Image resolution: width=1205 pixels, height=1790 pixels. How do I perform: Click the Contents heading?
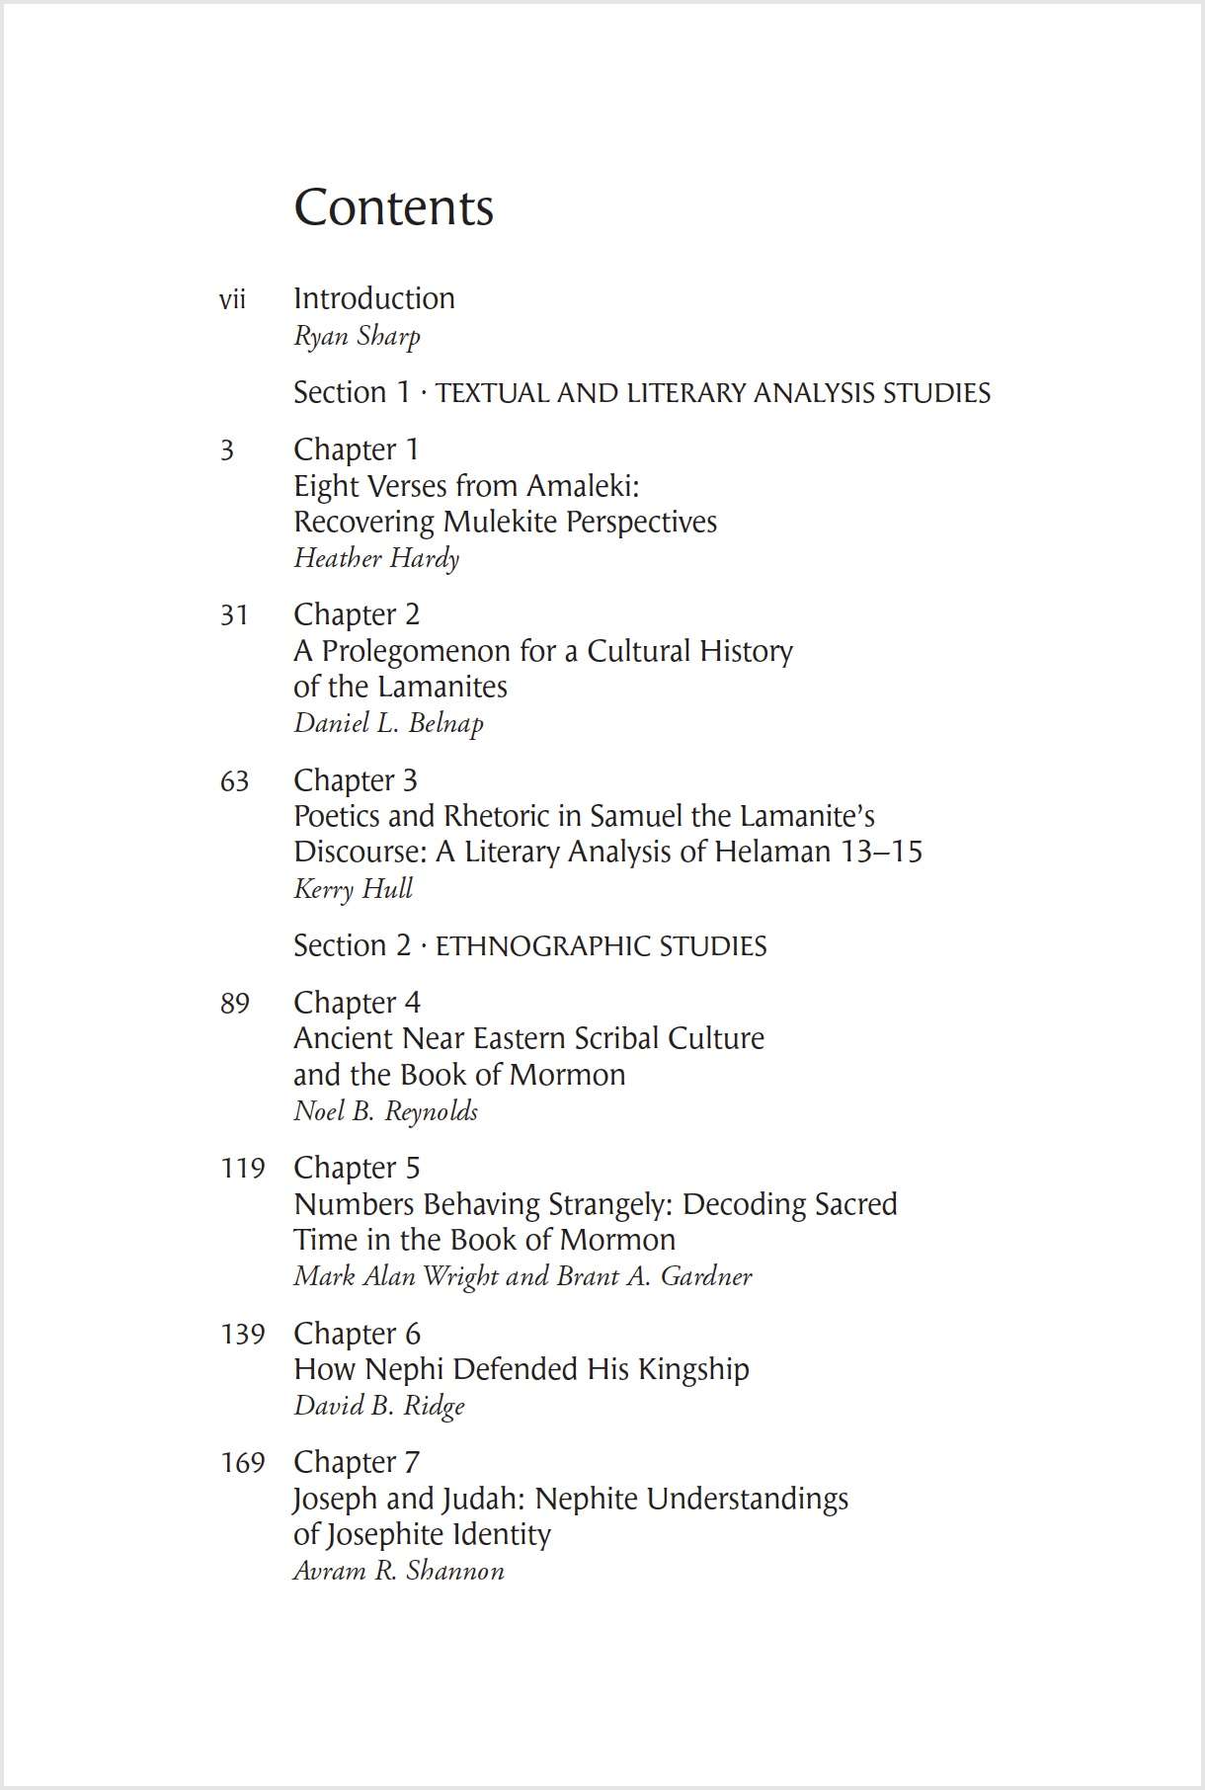393,207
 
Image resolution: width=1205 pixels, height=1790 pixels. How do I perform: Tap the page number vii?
232,299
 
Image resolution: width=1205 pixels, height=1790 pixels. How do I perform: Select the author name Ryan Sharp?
357,336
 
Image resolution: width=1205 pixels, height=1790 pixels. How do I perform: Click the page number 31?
234,615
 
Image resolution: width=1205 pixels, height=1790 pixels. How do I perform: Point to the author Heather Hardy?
376,558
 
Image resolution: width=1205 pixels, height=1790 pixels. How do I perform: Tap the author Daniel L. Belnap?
388,723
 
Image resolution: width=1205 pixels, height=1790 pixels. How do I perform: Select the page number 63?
234,781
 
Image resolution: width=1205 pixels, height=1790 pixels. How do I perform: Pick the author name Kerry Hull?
353,888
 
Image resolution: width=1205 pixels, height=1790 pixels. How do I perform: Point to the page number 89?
234,1004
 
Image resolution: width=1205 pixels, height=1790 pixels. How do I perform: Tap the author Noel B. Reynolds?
385,1111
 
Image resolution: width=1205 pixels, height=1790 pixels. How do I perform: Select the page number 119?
242,1169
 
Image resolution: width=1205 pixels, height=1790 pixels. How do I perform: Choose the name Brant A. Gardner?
654,1276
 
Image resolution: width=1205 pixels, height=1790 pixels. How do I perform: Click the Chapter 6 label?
357,1334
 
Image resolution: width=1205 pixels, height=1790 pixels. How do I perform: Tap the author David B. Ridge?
378,1405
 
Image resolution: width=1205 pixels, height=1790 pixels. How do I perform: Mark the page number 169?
242,1462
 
